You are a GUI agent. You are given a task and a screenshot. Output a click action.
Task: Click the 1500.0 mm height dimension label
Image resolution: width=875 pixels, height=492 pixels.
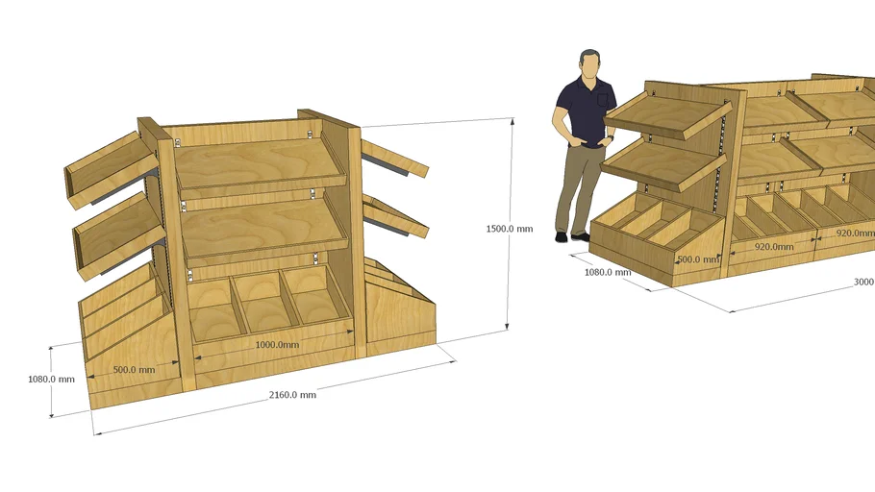[509, 229]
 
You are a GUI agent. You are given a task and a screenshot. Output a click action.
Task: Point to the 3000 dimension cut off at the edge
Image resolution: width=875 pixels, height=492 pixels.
[863, 283]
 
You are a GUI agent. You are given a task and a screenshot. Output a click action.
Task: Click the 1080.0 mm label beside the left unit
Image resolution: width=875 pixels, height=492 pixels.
[51, 379]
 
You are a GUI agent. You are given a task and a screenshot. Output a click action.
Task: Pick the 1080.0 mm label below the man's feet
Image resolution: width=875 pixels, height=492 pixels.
[608, 272]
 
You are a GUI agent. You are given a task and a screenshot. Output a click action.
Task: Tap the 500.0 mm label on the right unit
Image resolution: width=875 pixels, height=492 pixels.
[697, 259]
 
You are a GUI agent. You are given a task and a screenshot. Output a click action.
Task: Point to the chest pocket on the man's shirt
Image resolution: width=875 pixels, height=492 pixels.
[603, 98]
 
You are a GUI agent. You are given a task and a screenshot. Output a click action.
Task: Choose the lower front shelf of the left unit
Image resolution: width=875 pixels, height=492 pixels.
[263, 230]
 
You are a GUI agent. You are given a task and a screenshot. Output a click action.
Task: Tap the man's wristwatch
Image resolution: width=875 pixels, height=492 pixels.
[610, 138]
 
